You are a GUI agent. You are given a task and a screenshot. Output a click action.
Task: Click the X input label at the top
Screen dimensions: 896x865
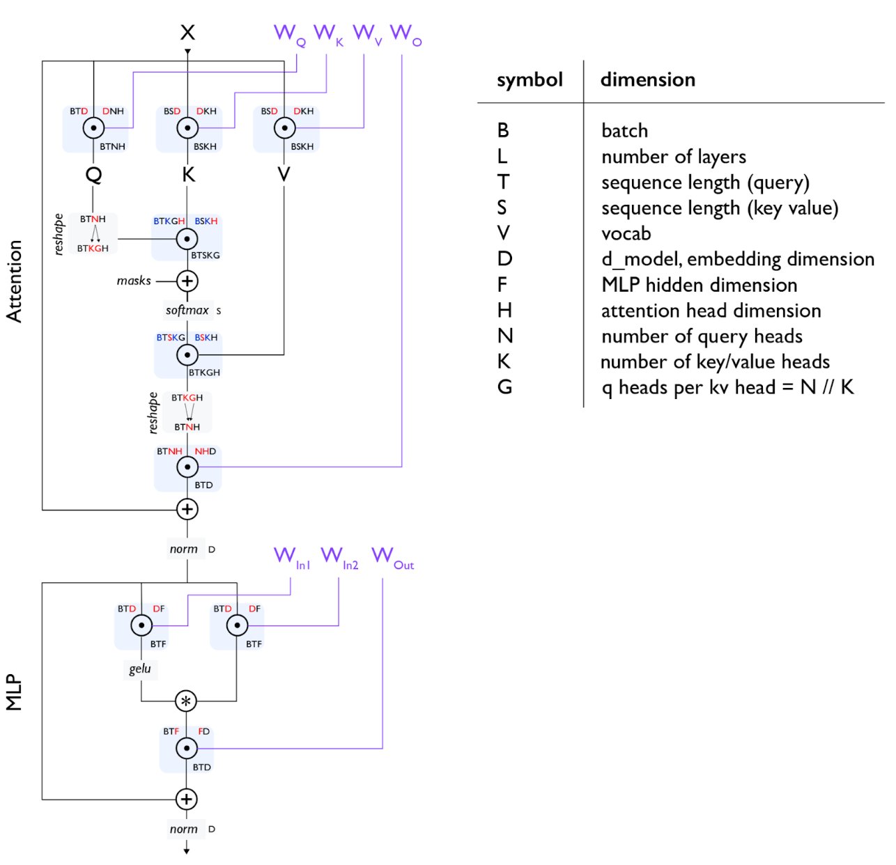(x=187, y=32)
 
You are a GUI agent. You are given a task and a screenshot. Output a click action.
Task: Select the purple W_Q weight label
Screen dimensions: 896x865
(x=290, y=35)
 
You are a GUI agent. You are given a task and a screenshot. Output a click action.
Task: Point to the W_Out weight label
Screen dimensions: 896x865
(x=392, y=557)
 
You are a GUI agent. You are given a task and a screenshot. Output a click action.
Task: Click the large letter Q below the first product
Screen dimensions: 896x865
(x=94, y=175)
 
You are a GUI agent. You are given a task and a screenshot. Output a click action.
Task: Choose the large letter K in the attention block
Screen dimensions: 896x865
(x=188, y=175)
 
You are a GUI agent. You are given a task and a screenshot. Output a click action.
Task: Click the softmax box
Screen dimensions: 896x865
(x=188, y=310)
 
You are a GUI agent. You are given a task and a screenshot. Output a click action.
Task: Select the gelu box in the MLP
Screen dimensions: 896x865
(x=140, y=669)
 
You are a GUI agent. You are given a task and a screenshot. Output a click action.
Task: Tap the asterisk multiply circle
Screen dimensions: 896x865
(x=186, y=701)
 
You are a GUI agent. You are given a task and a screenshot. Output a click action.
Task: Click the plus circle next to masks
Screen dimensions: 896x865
(x=187, y=281)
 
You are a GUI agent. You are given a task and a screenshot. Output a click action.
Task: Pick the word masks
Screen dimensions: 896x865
(x=134, y=281)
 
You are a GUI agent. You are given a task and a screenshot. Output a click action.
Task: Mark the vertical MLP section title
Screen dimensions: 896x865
(x=14, y=692)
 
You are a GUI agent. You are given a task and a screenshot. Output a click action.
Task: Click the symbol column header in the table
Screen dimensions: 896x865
(x=530, y=80)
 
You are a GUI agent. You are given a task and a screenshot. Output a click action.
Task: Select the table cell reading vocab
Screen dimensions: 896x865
(x=626, y=233)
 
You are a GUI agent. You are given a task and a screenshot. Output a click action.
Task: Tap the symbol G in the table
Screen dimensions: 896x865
(x=504, y=387)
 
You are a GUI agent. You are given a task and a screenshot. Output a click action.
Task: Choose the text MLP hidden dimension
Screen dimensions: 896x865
(x=700, y=285)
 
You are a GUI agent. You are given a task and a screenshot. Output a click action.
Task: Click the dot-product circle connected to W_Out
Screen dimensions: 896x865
(x=187, y=748)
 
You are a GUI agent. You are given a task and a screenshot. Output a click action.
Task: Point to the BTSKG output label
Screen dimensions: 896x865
(x=206, y=255)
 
